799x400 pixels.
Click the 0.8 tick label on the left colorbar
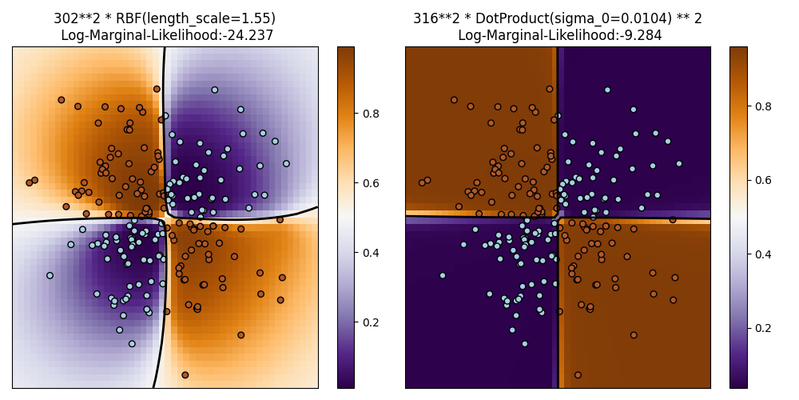(371, 114)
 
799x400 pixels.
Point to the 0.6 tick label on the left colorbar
(371, 183)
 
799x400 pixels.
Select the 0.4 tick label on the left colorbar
(371, 253)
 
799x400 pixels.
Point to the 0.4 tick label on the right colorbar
(764, 254)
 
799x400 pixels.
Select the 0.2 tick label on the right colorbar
(764, 328)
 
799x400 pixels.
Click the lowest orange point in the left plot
(185, 374)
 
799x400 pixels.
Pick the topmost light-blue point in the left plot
(214, 90)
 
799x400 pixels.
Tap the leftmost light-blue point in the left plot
(50, 275)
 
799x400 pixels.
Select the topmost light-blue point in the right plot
(607, 90)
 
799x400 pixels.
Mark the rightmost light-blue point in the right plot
(678, 163)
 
